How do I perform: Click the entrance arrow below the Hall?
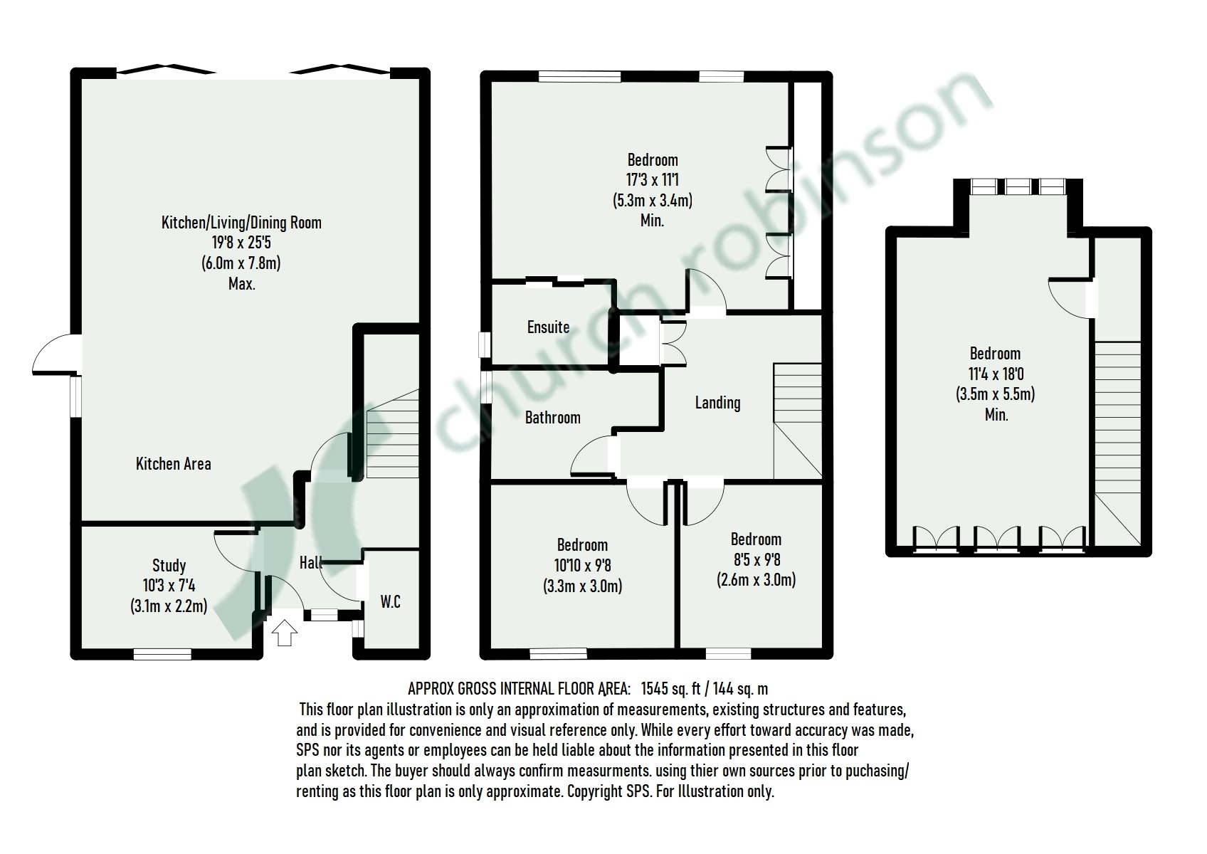click(x=284, y=632)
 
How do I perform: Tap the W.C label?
click(x=390, y=602)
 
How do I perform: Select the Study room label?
click(x=169, y=566)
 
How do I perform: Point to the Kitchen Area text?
click(x=173, y=464)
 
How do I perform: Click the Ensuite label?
click(x=548, y=327)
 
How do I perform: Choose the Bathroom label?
click(x=552, y=418)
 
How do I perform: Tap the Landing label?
click(x=717, y=403)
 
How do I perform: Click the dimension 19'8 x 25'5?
click(x=241, y=243)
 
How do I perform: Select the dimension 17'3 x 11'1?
click(x=652, y=180)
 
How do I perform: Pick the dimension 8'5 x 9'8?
click(x=756, y=560)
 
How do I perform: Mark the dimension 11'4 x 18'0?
click(x=995, y=374)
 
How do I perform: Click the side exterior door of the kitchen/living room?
click(x=56, y=356)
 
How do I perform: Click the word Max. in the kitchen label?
click(x=241, y=284)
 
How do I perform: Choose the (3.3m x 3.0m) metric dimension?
click(x=582, y=586)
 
